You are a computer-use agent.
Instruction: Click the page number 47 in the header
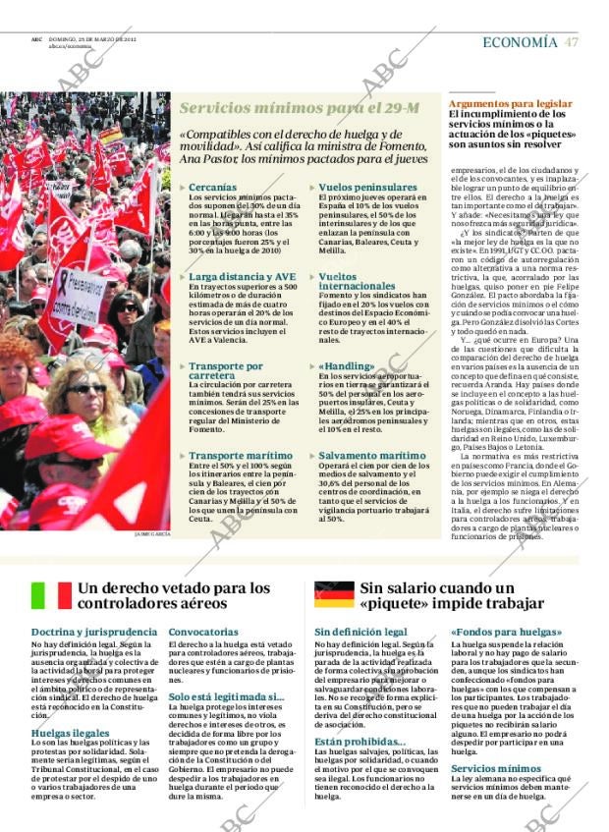[x=571, y=42]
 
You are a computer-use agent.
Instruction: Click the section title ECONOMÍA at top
[x=520, y=42]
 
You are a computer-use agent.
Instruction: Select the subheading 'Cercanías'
[x=212, y=187]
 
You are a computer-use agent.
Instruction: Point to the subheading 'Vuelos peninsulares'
[x=368, y=187]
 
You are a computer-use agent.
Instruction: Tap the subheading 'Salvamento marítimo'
[x=372, y=456]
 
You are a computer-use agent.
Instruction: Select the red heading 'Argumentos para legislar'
[x=510, y=103]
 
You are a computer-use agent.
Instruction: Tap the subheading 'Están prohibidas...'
[x=360, y=742]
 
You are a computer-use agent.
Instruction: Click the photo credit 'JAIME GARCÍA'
[x=152, y=534]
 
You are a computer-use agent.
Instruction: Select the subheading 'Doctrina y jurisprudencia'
[x=93, y=632]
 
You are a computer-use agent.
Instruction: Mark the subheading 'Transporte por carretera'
[x=226, y=371]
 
